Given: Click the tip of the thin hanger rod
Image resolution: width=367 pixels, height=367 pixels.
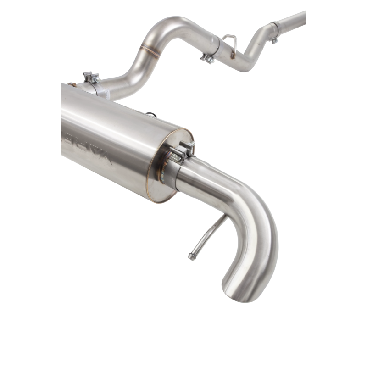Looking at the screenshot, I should [x=190, y=256].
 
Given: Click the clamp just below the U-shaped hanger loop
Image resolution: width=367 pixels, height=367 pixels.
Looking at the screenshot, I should [x=209, y=58].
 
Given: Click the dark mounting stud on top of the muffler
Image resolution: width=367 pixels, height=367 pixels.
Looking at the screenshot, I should [x=150, y=112].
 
